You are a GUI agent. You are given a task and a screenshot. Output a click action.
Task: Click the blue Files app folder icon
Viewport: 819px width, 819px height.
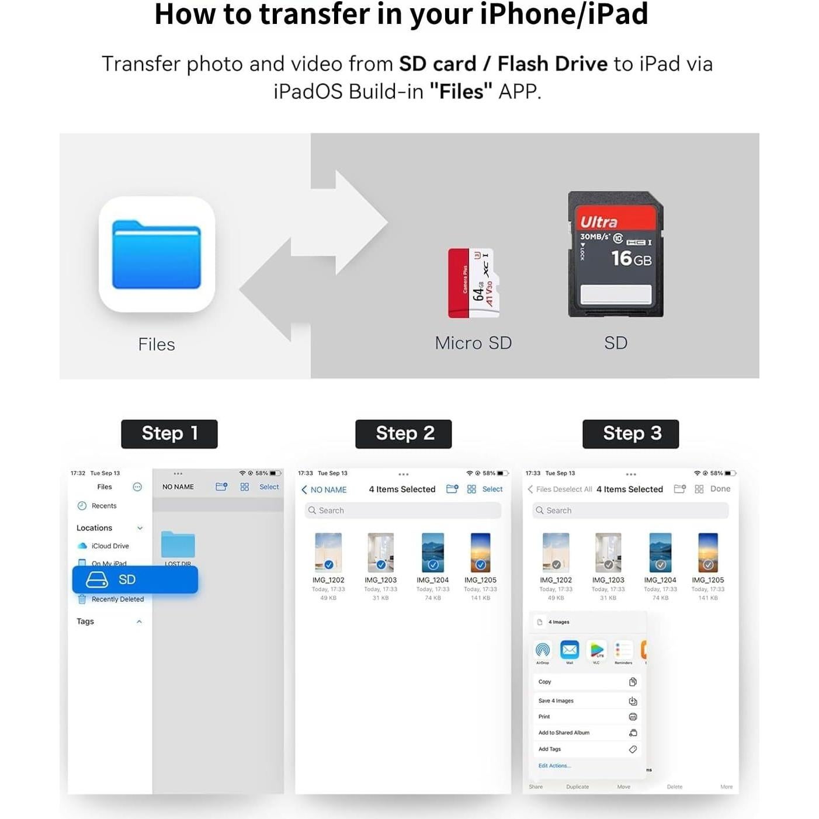click(x=157, y=255)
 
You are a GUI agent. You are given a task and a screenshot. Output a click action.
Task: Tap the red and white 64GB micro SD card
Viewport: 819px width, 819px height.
click(x=473, y=283)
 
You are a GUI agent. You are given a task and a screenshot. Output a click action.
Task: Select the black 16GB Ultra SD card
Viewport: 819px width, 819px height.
click(x=616, y=254)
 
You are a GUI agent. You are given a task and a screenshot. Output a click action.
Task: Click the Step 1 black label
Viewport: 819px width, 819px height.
click(x=169, y=433)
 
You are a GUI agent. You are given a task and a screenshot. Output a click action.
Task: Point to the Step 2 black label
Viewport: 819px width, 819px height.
click(x=404, y=433)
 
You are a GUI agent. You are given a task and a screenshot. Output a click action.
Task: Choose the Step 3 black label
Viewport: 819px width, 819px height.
click(x=631, y=433)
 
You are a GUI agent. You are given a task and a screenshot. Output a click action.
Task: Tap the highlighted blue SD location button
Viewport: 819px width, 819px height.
click(x=135, y=579)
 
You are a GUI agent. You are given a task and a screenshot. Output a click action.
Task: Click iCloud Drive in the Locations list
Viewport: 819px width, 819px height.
click(x=109, y=546)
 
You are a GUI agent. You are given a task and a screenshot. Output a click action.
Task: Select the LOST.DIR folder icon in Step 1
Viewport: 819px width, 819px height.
click(x=178, y=545)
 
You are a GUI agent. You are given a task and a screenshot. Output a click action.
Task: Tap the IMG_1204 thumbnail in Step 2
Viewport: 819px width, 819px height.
click(x=433, y=552)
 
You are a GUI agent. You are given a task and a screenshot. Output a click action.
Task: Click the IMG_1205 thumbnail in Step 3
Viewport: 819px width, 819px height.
click(x=708, y=552)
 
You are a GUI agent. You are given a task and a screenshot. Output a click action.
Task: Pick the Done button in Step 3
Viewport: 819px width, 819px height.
click(x=720, y=489)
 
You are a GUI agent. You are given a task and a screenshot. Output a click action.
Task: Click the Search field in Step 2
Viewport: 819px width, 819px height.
click(x=403, y=511)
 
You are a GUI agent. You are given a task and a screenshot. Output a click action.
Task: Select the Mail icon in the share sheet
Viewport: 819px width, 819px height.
click(x=570, y=650)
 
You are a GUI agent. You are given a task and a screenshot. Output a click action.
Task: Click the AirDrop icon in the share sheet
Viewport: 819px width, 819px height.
click(x=543, y=650)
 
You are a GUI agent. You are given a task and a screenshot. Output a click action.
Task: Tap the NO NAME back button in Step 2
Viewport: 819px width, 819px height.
click(x=324, y=490)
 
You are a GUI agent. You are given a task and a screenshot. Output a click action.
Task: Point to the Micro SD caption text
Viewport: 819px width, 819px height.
click(x=473, y=343)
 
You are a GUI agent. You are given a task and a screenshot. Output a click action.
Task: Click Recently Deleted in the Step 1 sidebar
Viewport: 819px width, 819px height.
click(x=117, y=599)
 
